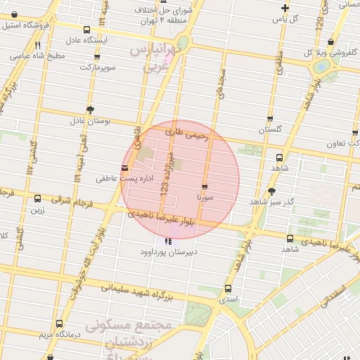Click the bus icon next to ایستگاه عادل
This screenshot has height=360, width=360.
[x=86, y=30]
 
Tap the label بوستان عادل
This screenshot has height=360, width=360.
[x=91, y=121]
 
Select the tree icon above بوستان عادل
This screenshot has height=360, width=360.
[x=90, y=109]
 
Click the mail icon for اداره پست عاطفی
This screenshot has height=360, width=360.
[x=124, y=168]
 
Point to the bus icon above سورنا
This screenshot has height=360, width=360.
[x=205, y=187]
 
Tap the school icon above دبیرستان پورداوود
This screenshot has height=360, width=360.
[x=167, y=241]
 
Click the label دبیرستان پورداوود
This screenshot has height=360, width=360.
[x=168, y=251]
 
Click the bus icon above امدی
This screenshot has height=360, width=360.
[x=228, y=289]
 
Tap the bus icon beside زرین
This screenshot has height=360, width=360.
[x=37, y=199]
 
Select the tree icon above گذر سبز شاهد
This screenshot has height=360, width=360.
[x=272, y=191]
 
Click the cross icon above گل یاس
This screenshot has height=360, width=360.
[x=285, y=8]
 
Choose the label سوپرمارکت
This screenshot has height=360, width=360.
[x=112, y=67]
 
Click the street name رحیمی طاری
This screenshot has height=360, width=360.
[x=188, y=134]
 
